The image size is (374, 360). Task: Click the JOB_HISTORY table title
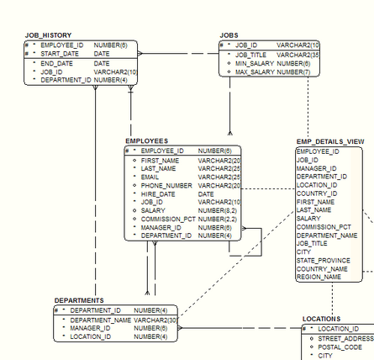(x=50, y=35)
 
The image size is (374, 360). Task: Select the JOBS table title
(x=229, y=35)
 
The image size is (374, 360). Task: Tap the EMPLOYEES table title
(x=146, y=140)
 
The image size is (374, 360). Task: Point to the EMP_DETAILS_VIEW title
(x=329, y=141)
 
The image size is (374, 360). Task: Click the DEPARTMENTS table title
(x=79, y=300)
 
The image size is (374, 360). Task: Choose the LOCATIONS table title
(x=321, y=319)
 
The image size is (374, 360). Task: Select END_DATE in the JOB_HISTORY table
(x=56, y=63)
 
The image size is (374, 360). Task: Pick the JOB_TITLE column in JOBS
(x=250, y=54)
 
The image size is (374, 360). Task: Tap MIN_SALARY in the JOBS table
(x=254, y=63)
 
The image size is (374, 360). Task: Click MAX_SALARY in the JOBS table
(x=255, y=72)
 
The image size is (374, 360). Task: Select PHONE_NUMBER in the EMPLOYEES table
(x=166, y=185)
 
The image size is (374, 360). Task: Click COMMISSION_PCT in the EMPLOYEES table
(x=168, y=219)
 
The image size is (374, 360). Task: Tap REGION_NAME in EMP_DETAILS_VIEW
(x=319, y=276)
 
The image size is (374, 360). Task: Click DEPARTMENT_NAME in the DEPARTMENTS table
(x=100, y=320)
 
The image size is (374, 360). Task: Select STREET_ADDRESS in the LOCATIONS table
(x=345, y=337)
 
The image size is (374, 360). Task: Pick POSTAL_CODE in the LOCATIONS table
(x=340, y=347)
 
